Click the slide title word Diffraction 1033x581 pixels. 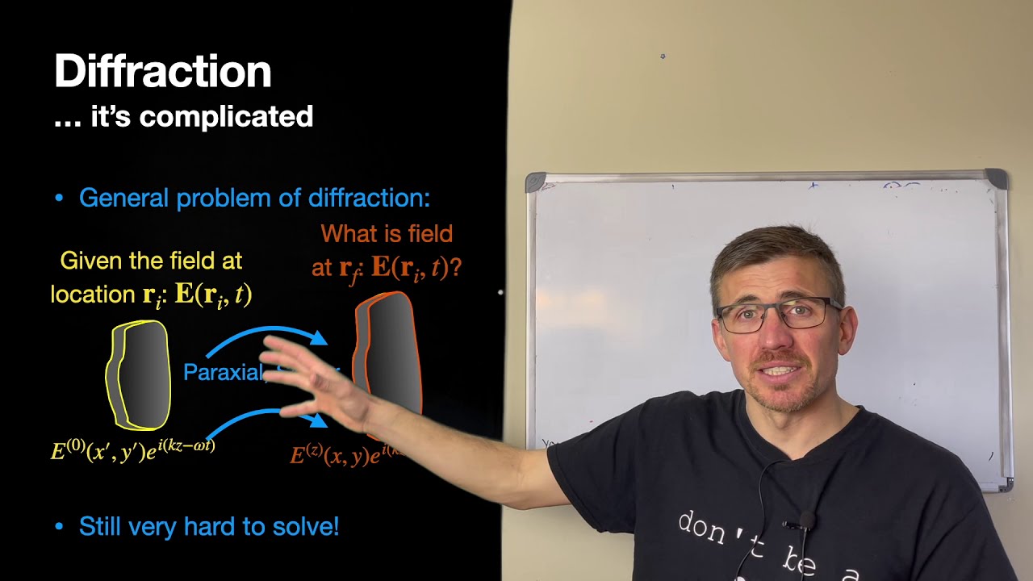coord(162,72)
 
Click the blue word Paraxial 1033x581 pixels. coord(223,372)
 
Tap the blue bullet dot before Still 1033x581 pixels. coord(58,527)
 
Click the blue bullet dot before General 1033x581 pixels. coord(58,198)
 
